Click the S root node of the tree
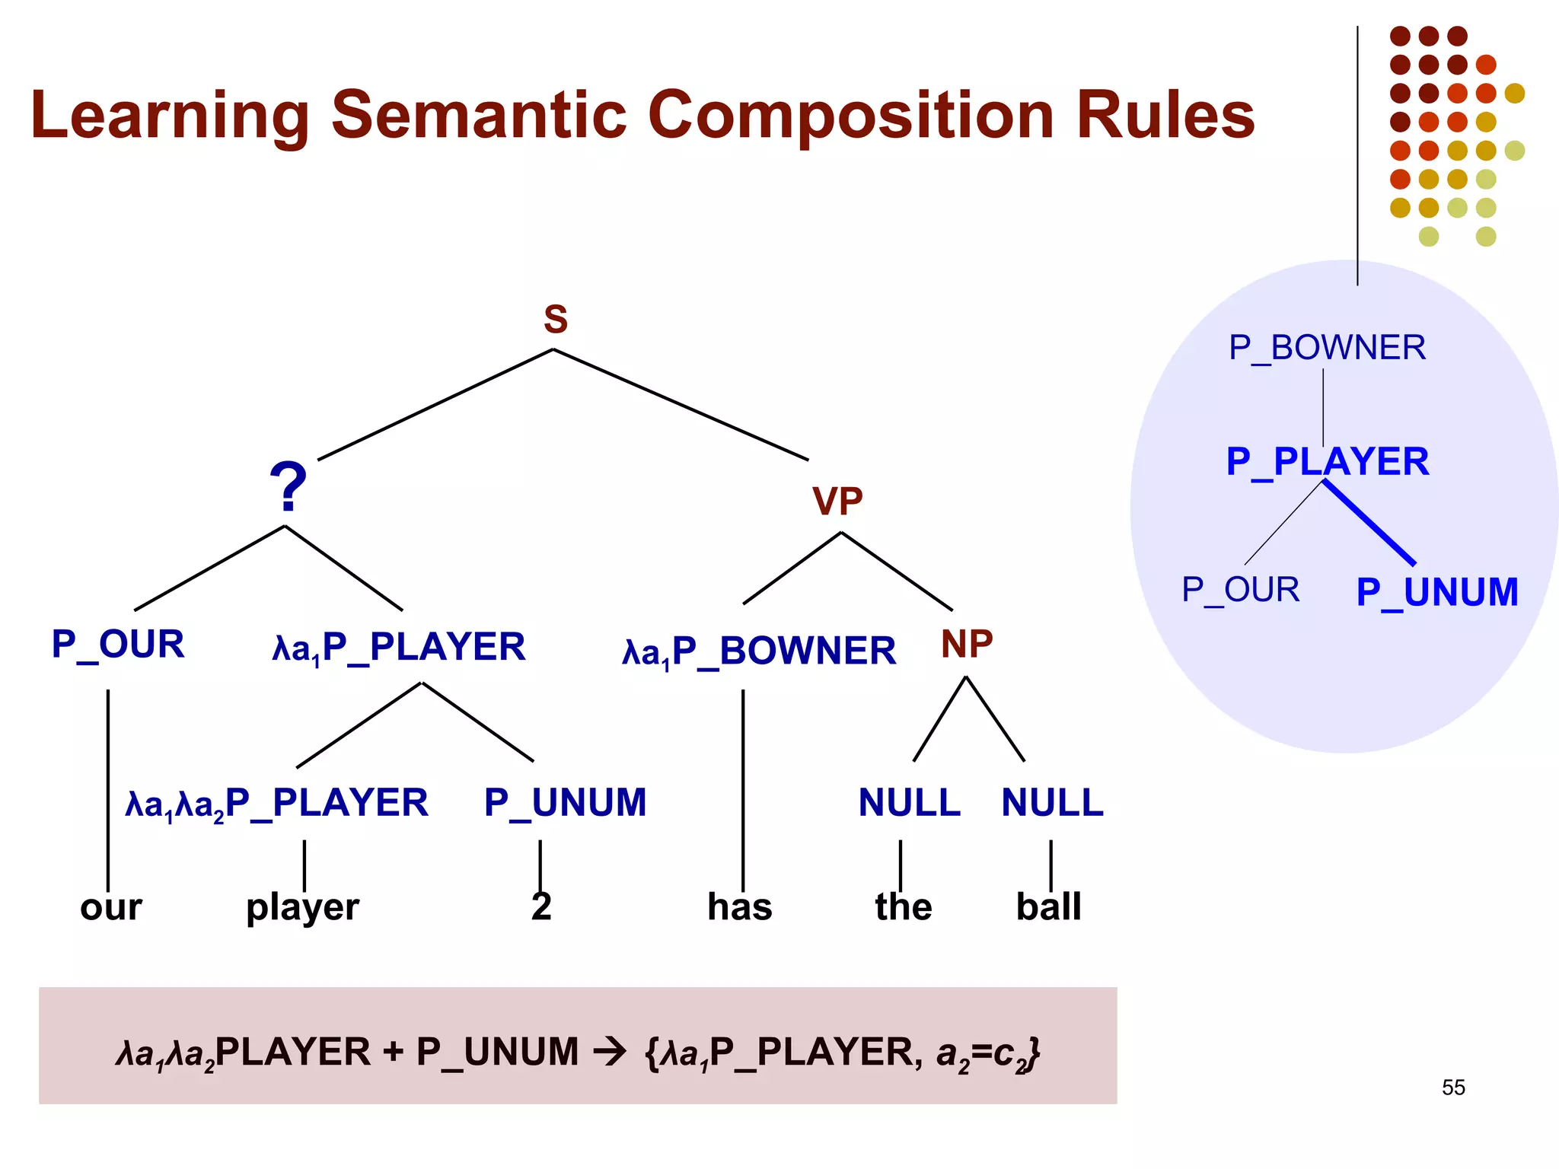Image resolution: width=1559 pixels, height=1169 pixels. (x=555, y=320)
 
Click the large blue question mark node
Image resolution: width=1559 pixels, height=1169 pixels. (x=288, y=487)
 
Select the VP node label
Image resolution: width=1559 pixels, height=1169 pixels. (x=837, y=502)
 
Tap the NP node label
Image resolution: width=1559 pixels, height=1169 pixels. (x=966, y=645)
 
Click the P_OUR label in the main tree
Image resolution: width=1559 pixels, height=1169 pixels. (x=118, y=645)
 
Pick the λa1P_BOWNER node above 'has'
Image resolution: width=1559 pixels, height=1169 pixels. (x=759, y=651)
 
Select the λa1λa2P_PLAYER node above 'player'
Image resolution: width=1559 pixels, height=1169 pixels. (x=277, y=804)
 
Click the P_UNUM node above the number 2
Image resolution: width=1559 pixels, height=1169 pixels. (x=565, y=803)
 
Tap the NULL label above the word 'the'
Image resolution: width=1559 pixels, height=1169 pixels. (x=909, y=803)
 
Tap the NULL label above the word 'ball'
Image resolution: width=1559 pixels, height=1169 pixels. (x=1052, y=803)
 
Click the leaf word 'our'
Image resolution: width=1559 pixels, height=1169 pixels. (x=111, y=907)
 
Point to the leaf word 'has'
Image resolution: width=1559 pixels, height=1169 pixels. (x=739, y=907)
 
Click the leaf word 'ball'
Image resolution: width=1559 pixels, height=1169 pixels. (x=1048, y=907)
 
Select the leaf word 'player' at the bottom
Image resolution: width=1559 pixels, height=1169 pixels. (x=302, y=907)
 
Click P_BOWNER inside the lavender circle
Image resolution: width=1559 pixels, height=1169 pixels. (x=1327, y=348)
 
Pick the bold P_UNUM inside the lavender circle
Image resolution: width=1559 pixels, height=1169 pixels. (x=1436, y=592)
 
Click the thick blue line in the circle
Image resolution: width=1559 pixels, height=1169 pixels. (x=1369, y=522)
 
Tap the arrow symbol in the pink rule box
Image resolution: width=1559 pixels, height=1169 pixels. (x=609, y=1053)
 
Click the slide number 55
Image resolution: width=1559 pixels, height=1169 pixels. (x=1452, y=1088)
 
